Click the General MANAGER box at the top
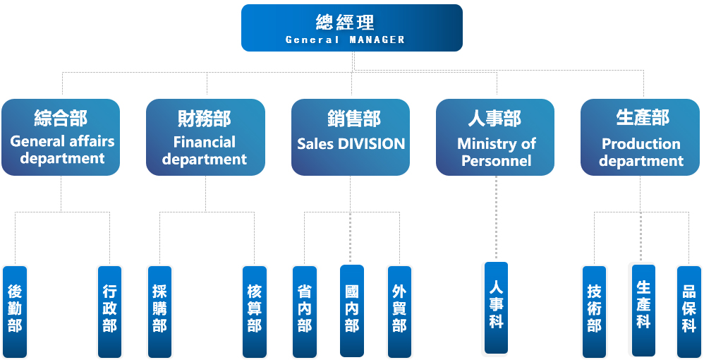(x=351, y=28)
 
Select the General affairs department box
(x=61, y=137)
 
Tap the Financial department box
(x=205, y=137)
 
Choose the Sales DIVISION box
(x=351, y=137)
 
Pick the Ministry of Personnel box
(x=495, y=137)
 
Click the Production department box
(x=640, y=137)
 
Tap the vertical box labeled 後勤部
(x=15, y=311)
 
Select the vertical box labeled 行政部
(x=109, y=311)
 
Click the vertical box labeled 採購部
(x=159, y=311)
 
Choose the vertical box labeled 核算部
(x=255, y=311)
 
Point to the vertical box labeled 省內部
(x=304, y=311)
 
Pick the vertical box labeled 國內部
(x=352, y=311)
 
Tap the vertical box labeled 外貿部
(x=399, y=311)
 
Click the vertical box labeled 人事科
(x=496, y=308)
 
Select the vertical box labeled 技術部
(x=594, y=311)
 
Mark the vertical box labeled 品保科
(x=689, y=311)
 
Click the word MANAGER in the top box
(x=377, y=40)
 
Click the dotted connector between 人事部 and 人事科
(x=496, y=219)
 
